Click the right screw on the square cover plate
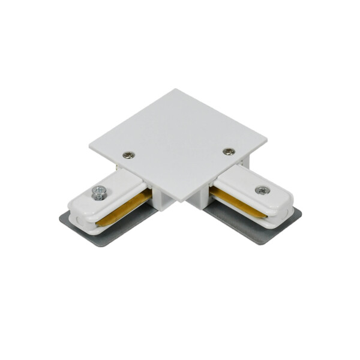click(227, 151)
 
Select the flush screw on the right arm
click(262, 190)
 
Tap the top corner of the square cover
click(176, 90)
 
